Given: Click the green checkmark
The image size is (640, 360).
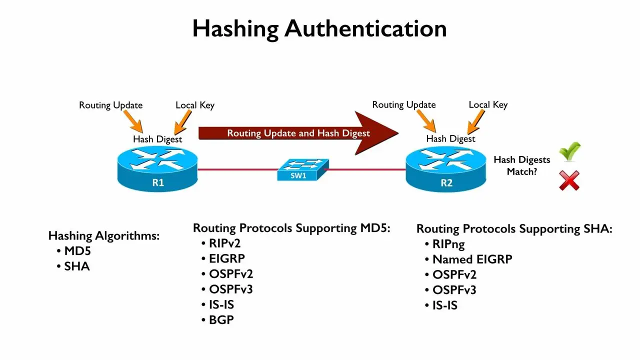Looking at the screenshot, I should point(570,151).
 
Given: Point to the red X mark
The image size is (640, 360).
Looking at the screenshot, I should point(569,180).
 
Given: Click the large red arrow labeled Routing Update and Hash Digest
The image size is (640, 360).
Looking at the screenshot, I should point(298,133).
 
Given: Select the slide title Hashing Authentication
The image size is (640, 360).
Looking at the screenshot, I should point(319,28).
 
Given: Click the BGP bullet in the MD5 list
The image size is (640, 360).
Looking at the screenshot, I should point(221,320).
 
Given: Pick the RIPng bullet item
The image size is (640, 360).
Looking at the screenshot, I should point(448,244).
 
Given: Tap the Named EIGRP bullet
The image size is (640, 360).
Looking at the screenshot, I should point(472,259).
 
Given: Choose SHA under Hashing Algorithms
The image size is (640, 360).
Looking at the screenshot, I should point(77,266).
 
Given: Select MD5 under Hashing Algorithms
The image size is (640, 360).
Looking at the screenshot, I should point(77,251).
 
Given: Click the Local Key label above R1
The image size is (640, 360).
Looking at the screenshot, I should point(195,105).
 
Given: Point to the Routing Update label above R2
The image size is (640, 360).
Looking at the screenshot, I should point(404,104).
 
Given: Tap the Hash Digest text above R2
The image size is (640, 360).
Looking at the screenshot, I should point(450,138).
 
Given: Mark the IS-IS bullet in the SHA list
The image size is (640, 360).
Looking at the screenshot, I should point(445,305).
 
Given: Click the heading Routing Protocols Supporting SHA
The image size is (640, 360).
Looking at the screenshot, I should point(514,229).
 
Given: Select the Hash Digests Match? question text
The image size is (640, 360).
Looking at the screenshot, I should point(521,165).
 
